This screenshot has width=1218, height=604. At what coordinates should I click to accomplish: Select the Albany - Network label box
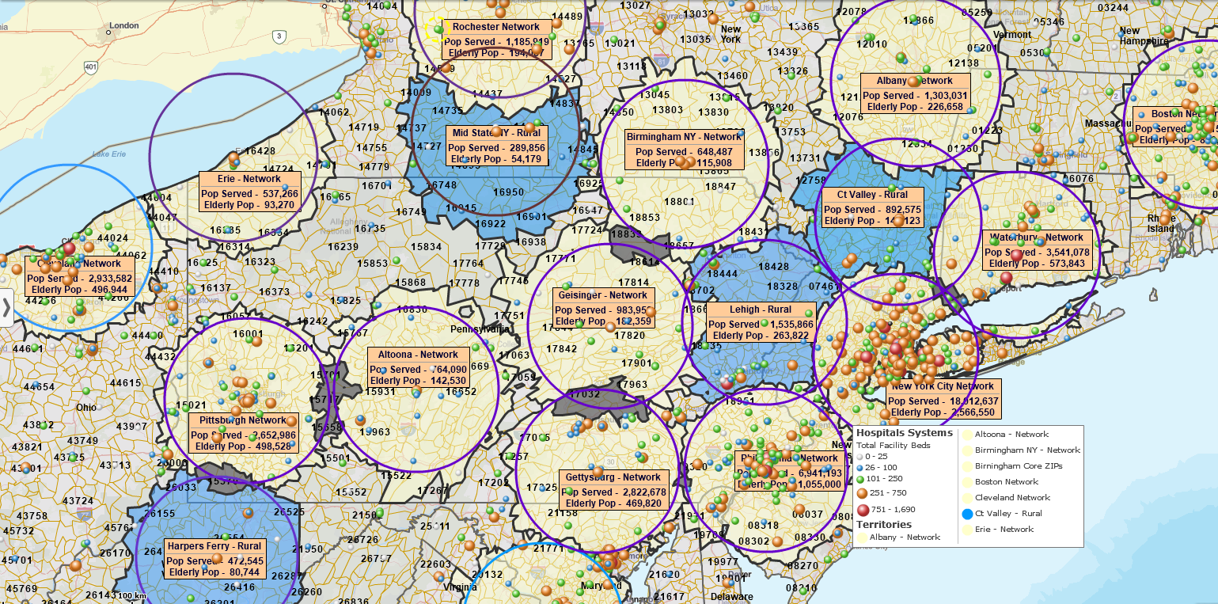click(914, 93)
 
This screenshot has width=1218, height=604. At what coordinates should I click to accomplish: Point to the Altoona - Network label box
click(418, 368)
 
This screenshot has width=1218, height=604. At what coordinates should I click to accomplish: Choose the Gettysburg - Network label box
click(613, 490)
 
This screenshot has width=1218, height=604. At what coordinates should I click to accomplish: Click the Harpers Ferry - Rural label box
click(214, 559)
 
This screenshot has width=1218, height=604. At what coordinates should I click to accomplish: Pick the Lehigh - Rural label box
click(761, 322)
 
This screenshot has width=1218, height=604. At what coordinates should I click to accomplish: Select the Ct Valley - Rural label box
click(872, 207)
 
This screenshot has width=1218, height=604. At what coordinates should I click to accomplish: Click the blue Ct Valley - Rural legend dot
click(967, 514)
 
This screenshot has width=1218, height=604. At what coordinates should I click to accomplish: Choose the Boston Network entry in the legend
click(1006, 481)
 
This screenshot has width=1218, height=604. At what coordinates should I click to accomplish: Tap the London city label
click(123, 25)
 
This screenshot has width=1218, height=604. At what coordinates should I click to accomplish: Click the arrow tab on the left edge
click(6, 307)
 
